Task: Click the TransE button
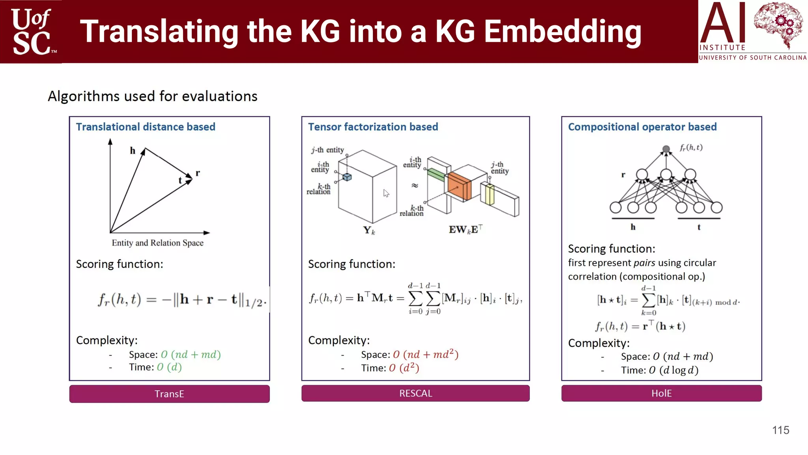[169, 394]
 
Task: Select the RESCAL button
[415, 393]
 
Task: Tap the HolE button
[661, 393]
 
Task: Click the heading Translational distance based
[146, 127]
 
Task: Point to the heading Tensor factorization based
[373, 127]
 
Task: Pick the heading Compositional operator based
[642, 127]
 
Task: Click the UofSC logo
[32, 32]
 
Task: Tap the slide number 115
[780, 430]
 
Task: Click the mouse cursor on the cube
[386, 193]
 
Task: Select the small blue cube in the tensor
[347, 177]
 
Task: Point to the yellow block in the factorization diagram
[490, 195]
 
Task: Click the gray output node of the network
[666, 149]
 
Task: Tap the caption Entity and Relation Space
[157, 243]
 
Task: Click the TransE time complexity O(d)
[169, 367]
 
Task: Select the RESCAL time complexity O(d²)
[404, 368]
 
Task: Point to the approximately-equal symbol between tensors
[415, 185]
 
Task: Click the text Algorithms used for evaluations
[153, 96]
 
